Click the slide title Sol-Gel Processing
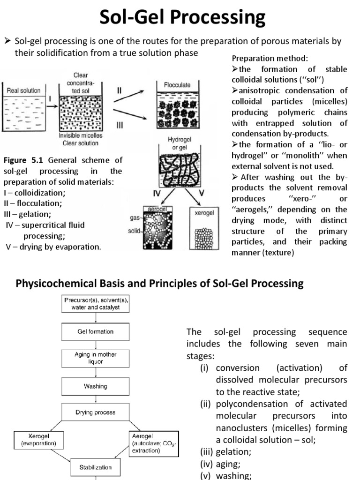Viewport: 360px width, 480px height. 180,18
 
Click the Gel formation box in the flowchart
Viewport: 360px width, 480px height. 95,331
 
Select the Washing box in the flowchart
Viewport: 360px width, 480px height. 95,386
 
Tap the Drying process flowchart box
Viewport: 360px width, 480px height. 95,412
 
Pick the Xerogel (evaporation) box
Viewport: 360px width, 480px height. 36,439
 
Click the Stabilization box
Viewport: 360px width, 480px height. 95,467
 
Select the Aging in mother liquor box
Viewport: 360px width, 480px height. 95,358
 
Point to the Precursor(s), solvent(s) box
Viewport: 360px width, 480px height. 95,304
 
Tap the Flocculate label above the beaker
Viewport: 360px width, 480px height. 177,86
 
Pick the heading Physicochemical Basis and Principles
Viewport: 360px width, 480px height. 160,283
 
